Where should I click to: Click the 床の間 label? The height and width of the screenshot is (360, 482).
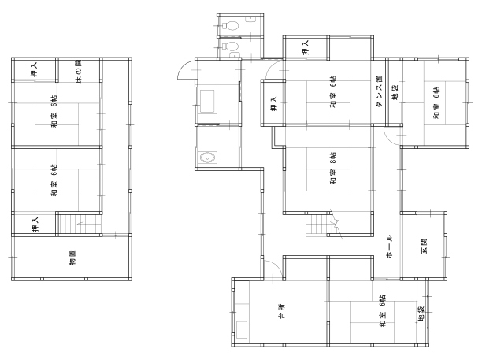(79, 72)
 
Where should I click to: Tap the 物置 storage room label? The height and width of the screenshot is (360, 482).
(72, 258)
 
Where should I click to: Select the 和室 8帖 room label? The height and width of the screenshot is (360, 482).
(333, 168)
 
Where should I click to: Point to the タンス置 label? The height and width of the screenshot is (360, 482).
(380, 91)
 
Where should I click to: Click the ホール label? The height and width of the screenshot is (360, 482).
(390, 247)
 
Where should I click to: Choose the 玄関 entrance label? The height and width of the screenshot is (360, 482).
(425, 246)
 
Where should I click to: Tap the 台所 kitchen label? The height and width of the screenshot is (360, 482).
(282, 311)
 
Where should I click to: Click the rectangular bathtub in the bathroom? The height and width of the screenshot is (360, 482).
(207, 101)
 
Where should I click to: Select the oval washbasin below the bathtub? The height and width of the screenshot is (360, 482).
(208, 158)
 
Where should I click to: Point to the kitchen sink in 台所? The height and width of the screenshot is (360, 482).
(242, 330)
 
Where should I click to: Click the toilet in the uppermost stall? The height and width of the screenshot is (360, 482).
(229, 25)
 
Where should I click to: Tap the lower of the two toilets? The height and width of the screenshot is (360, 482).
(230, 46)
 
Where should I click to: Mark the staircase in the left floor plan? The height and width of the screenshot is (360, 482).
(80, 225)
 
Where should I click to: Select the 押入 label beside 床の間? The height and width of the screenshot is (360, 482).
(34, 69)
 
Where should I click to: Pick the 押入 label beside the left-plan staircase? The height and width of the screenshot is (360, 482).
(35, 224)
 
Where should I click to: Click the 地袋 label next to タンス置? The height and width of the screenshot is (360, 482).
(395, 92)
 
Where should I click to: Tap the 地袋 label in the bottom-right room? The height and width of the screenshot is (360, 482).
(421, 314)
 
